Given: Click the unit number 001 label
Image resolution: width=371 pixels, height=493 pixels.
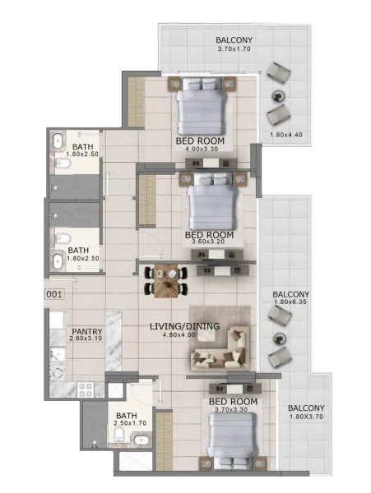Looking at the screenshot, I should point(54,293).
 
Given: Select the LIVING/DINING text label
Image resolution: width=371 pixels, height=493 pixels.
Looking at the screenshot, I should point(184,326).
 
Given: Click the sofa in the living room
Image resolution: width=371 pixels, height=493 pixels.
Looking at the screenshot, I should point(220,348).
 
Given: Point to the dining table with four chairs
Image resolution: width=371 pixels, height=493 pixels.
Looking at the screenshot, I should point(166,281).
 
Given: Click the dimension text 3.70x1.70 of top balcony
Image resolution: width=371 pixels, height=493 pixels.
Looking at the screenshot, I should point(234,49).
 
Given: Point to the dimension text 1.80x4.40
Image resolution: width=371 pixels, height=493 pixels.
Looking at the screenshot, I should point(286,136).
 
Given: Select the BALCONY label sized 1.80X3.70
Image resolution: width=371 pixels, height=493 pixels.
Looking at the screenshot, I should point(307,408).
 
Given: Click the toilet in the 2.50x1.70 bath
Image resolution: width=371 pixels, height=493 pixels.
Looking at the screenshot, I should point(120,435).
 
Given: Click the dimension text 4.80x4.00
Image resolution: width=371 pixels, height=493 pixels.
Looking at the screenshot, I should point(184,336).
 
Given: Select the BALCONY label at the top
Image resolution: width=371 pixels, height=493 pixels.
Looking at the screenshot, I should point(234,39).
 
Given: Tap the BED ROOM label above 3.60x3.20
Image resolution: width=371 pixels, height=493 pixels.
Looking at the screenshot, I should point(209,235).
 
